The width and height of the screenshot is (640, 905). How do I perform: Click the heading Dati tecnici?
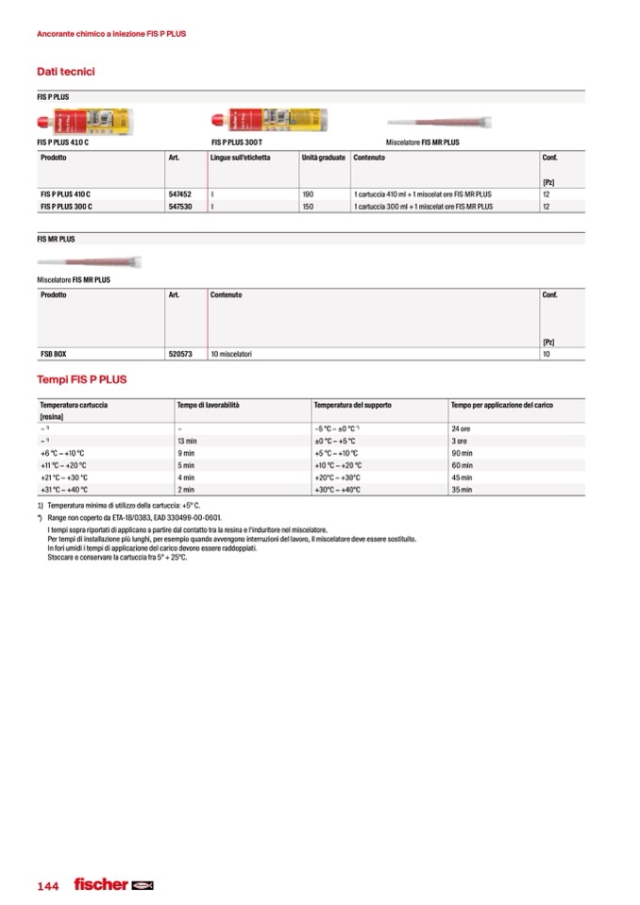pos(65,72)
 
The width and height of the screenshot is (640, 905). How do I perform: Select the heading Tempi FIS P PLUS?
pos(81,379)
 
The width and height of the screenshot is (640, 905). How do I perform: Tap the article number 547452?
pos(179,193)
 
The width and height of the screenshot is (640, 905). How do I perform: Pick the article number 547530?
pos(179,206)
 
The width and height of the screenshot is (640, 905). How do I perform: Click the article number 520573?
pos(180,354)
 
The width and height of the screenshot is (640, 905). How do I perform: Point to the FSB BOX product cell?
pos(54,354)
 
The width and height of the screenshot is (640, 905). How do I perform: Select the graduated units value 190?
pos(308,193)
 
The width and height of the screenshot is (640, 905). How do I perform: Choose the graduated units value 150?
pos(308,206)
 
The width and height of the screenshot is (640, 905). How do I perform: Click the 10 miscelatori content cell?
pos(231,354)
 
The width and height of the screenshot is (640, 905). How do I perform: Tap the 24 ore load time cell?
pos(462,428)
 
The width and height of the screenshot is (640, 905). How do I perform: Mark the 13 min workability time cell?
pos(187,441)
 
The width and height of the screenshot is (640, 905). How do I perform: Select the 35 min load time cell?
pos(462,490)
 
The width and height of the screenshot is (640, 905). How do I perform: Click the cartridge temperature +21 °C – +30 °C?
pos(64,478)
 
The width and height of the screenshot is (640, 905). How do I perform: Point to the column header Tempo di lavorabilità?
pos(209,405)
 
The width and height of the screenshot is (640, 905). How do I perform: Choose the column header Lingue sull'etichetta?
pos(241,158)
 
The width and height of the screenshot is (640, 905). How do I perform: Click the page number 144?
pos(48,886)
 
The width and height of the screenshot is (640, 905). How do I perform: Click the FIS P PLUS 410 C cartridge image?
pos(84,122)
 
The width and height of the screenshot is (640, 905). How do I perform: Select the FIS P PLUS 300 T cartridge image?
pos(269,121)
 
